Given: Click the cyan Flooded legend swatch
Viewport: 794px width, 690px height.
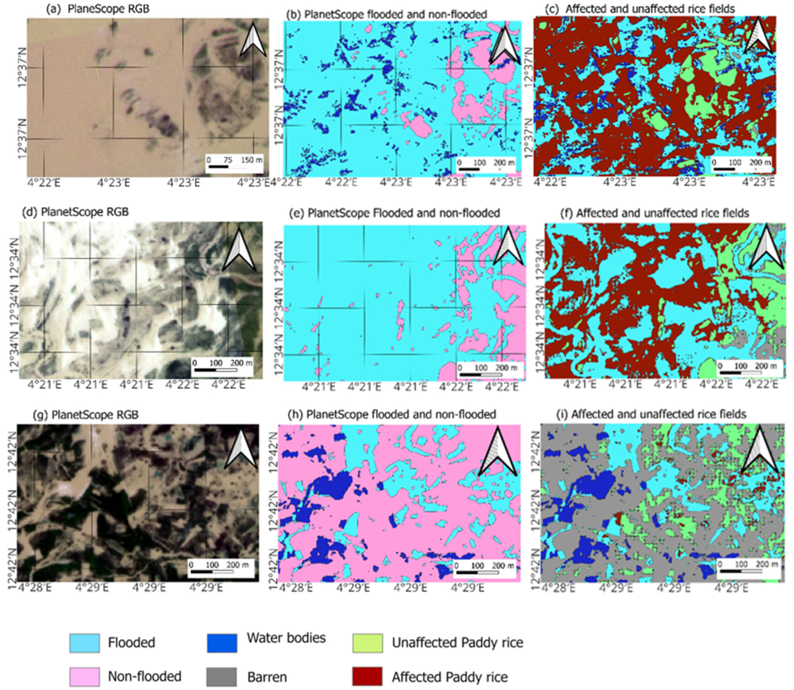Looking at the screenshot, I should [84, 643].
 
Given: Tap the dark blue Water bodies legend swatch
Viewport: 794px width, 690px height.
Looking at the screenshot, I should [222, 643].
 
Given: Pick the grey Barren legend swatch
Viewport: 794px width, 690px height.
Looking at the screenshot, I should [222, 677].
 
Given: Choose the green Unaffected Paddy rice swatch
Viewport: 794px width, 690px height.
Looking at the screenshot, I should [368, 643].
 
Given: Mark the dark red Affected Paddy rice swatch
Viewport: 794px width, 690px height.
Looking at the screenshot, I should [368, 677].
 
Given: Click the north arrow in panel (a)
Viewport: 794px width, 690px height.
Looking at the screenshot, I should [253, 40].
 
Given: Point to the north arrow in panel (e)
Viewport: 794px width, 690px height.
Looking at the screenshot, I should [508, 246].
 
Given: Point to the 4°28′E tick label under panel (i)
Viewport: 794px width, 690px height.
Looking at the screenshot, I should [557, 588].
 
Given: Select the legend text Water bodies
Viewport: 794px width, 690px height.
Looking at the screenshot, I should [286, 638].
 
